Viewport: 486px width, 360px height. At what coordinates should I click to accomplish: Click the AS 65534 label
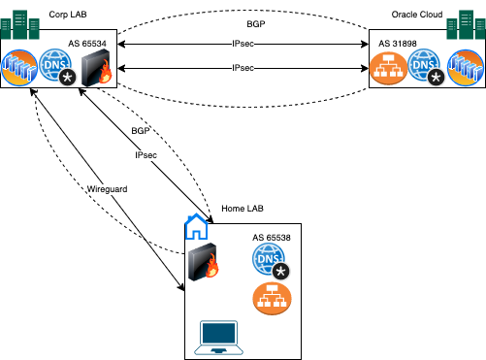pyautogui.click(x=88, y=45)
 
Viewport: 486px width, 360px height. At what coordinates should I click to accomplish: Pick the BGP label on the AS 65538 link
pyautogui.click(x=141, y=130)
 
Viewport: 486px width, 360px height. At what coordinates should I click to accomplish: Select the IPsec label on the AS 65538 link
pyautogui.click(x=147, y=154)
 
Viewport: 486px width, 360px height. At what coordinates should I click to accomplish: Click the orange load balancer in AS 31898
pyautogui.click(x=388, y=69)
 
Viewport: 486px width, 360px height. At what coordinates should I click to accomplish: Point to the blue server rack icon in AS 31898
pyautogui.click(x=465, y=69)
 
